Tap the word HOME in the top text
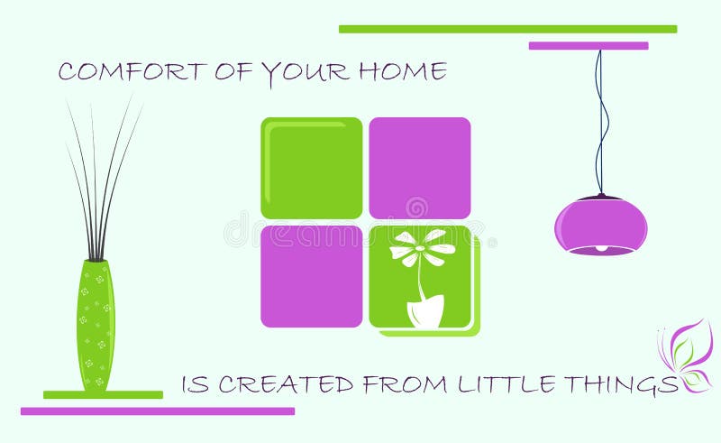[x=402, y=71]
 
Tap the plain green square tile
[x=311, y=168]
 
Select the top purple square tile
[x=419, y=168]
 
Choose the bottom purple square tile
[x=311, y=276]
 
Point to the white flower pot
[x=424, y=310]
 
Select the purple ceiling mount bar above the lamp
[x=588, y=45]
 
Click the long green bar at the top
[x=507, y=29]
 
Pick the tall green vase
[x=96, y=325]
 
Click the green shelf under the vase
[x=103, y=394]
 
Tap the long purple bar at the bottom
[x=157, y=411]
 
